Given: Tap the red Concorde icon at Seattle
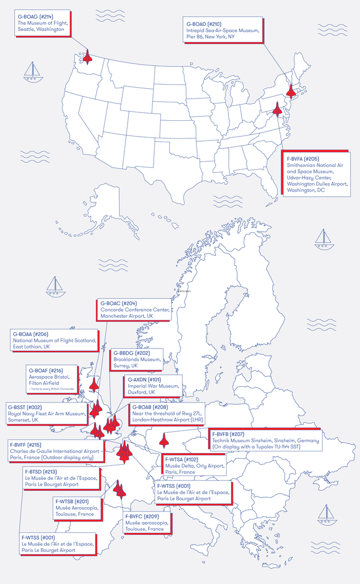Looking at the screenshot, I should [x=87, y=56].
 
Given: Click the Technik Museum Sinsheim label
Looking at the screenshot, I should [x=265, y=440].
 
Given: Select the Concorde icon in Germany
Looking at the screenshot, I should [x=164, y=439].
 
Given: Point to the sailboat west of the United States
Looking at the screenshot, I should [x=32, y=70].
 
